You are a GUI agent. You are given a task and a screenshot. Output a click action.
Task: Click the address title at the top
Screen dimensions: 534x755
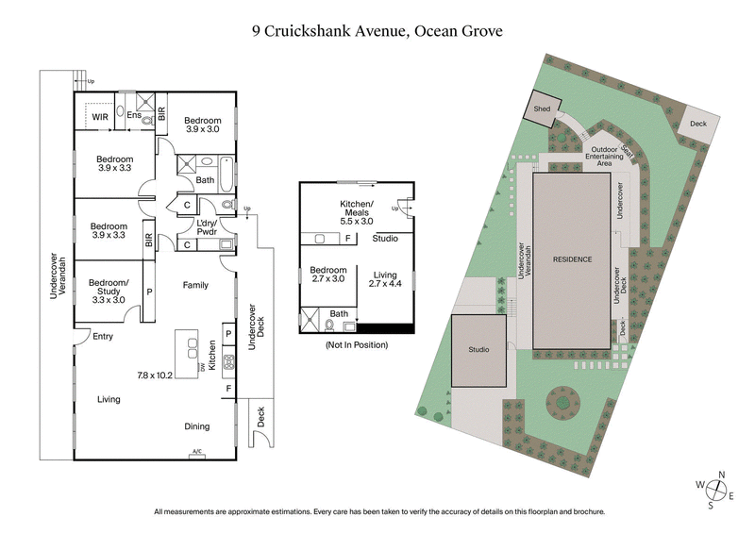[377, 30]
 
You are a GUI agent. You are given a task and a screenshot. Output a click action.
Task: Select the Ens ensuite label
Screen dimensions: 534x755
[135, 115]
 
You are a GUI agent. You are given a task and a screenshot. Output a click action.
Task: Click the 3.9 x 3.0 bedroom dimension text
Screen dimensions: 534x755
[203, 130]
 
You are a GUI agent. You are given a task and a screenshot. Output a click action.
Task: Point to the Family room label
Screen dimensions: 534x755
[195, 285]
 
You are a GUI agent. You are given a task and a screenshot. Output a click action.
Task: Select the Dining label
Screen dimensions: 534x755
[196, 426]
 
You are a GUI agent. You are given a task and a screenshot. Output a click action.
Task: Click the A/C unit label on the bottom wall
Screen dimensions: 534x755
[197, 452]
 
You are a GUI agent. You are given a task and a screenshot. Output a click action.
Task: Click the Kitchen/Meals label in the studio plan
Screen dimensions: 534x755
[357, 212]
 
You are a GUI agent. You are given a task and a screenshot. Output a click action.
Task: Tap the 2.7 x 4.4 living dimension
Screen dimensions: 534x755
[385, 283]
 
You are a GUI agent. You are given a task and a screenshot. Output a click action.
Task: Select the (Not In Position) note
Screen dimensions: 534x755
[357, 345]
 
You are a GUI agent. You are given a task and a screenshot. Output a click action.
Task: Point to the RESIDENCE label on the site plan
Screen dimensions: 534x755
[571, 259]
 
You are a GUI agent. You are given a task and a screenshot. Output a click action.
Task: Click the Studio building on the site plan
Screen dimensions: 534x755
[478, 351]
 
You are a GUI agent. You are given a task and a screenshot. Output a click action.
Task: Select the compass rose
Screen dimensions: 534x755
[719, 489]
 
